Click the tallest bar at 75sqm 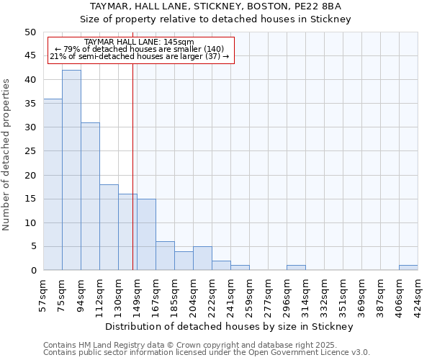click(x=71, y=170)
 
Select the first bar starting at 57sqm click(x=53, y=184)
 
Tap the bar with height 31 click(x=90, y=196)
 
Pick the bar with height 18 click(x=109, y=227)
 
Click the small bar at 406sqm click(x=408, y=268)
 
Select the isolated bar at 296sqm click(x=296, y=268)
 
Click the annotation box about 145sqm click(x=141, y=50)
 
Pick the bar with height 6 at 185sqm click(x=165, y=256)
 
